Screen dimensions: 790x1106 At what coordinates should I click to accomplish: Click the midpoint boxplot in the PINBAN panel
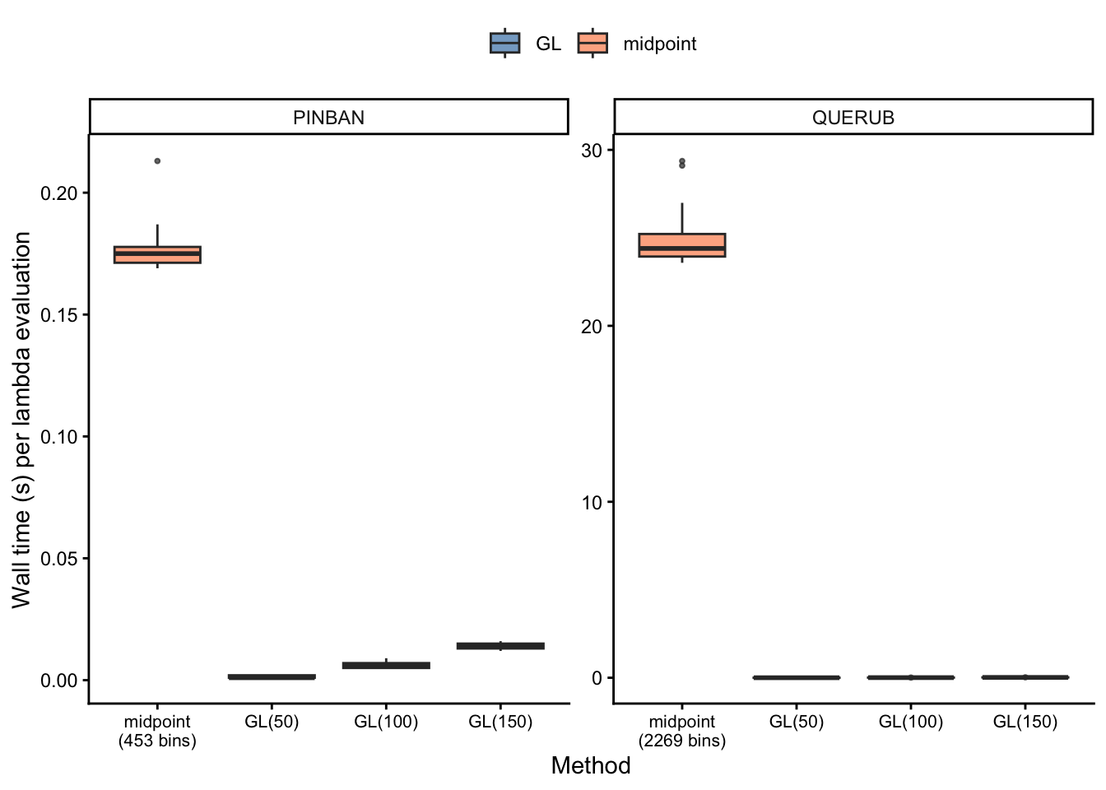tap(157, 254)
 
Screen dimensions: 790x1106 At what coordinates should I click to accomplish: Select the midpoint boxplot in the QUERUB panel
tap(681, 245)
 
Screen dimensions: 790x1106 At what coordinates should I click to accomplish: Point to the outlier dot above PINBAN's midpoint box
tap(157, 161)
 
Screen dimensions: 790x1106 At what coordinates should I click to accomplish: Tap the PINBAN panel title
tap(328, 118)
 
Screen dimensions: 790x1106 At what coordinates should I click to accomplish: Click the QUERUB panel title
tap(853, 118)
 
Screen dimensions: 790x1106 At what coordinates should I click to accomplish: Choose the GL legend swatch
tap(504, 43)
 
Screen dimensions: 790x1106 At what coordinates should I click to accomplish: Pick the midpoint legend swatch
tap(592, 43)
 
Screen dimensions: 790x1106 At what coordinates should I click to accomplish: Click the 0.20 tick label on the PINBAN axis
tap(58, 193)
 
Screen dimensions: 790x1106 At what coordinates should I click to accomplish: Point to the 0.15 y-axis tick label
tap(58, 315)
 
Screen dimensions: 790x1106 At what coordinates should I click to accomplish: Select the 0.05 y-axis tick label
tap(58, 559)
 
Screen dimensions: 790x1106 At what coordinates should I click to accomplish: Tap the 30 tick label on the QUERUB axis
tap(592, 151)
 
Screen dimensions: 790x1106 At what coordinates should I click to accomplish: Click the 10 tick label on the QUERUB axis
tap(592, 503)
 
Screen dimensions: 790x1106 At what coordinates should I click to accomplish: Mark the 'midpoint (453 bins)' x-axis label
tap(157, 731)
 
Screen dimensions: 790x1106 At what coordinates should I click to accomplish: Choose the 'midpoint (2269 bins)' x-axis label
tap(681, 731)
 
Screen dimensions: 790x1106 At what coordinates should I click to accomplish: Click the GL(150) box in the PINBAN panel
tap(500, 646)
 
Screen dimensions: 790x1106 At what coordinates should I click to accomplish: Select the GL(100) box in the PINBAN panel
tap(386, 665)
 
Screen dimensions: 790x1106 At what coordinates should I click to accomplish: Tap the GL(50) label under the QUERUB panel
tap(796, 723)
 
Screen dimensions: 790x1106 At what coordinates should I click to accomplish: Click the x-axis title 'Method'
tap(591, 765)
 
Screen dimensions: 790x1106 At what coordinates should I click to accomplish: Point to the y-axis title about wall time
tap(22, 420)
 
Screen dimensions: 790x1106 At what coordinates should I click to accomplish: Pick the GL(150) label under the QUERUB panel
tap(1025, 723)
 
